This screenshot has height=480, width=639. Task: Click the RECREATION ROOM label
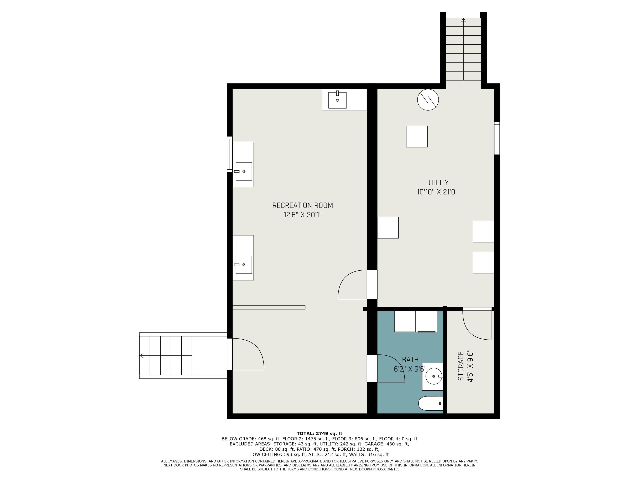pyautogui.click(x=302, y=205)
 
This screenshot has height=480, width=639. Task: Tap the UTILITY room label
pyautogui.click(x=437, y=182)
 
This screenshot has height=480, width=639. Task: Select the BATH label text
pyautogui.click(x=410, y=360)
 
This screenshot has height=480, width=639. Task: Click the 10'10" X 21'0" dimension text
pyautogui.click(x=437, y=192)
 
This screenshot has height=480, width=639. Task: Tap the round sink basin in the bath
pyautogui.click(x=434, y=376)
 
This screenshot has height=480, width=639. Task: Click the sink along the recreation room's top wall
pyautogui.click(x=337, y=100)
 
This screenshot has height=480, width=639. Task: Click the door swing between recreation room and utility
pyautogui.click(x=351, y=285)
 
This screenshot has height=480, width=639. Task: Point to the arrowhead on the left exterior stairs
pyautogui.click(x=142, y=356)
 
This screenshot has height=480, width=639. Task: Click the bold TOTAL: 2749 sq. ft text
pyautogui.click(x=319, y=433)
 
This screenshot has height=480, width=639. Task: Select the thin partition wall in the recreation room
pyautogui.click(x=269, y=307)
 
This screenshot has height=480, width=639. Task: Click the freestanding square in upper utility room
pyautogui.click(x=417, y=137)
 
